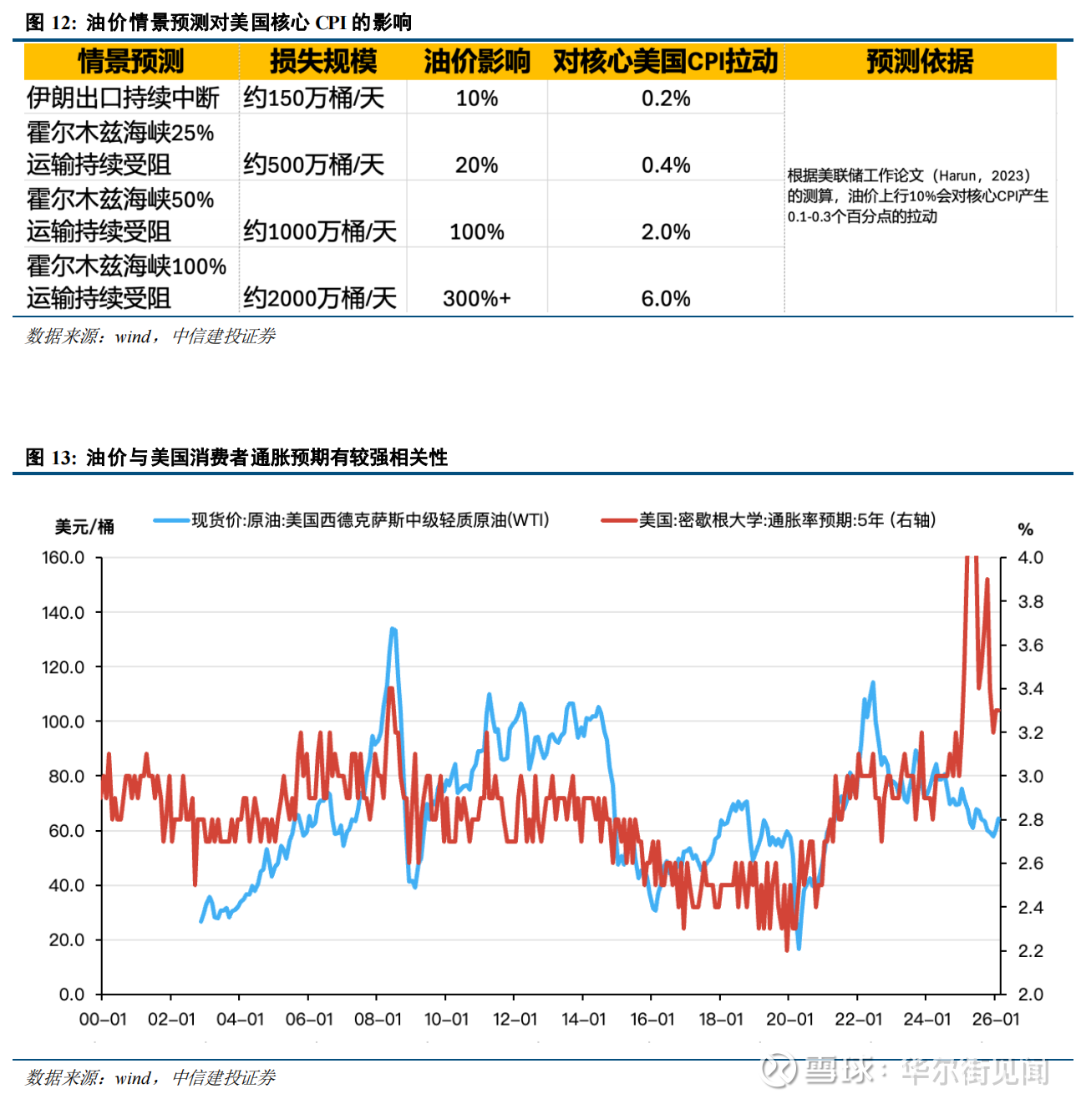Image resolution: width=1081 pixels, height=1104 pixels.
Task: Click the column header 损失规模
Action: (x=323, y=61)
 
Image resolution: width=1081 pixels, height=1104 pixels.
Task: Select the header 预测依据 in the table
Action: (x=919, y=61)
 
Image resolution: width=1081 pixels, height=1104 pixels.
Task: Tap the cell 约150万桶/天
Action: (x=314, y=98)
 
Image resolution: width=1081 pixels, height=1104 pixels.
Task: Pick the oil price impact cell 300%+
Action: (x=476, y=298)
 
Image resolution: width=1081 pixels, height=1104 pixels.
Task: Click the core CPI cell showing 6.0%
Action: (x=666, y=298)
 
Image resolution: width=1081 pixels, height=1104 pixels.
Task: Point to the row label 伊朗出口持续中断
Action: (x=123, y=98)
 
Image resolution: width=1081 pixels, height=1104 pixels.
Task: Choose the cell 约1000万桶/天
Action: (x=320, y=231)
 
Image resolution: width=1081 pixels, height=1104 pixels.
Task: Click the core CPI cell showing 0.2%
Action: (x=666, y=98)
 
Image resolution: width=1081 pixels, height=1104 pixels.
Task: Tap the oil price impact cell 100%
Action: (x=476, y=231)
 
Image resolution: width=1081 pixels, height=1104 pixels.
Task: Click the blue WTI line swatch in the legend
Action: (x=171, y=520)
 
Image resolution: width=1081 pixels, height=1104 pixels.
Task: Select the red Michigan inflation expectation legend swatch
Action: (x=619, y=520)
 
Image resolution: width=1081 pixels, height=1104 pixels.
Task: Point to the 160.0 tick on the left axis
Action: (x=63, y=557)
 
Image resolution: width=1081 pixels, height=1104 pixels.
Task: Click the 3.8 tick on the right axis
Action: (x=1031, y=601)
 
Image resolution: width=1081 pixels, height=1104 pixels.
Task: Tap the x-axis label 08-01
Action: (x=378, y=1019)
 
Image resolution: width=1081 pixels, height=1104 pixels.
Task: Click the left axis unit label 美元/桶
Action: (x=84, y=527)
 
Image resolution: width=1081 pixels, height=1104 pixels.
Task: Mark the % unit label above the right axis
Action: (x=1026, y=529)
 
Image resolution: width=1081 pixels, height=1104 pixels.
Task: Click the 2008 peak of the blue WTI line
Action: (x=393, y=629)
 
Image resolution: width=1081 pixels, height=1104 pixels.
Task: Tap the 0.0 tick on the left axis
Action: (x=72, y=995)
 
